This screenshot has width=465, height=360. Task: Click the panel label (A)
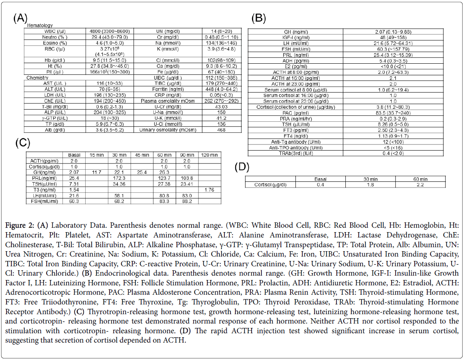(x=20, y=18)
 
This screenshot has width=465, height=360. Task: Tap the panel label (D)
(x=242, y=167)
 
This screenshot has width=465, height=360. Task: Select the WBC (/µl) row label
(x=55, y=31)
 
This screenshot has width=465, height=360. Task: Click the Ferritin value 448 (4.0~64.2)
(x=222, y=89)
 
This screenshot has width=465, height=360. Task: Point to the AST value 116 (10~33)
(x=110, y=83)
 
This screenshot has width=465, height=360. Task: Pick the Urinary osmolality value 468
(x=221, y=130)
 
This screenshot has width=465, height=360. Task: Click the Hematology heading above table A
(x=40, y=26)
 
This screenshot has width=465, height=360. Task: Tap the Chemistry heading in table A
(x=37, y=78)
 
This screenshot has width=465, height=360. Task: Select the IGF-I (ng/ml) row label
(x=296, y=37)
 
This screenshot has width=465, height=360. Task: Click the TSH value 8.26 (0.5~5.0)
(x=393, y=125)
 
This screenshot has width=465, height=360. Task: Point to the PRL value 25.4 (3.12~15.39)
(x=393, y=55)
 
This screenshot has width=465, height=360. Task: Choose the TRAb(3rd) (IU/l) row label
(x=296, y=153)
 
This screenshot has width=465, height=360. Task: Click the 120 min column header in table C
(x=209, y=155)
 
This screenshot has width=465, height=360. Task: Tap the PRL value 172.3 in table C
(x=119, y=178)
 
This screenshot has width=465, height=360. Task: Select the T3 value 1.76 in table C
(x=209, y=190)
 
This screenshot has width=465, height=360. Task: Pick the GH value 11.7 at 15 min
(x=97, y=172)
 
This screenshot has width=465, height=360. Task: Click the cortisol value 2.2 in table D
(x=420, y=185)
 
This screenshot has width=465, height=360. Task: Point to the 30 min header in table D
(x=370, y=179)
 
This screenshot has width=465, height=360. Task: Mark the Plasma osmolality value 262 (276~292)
(x=222, y=101)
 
